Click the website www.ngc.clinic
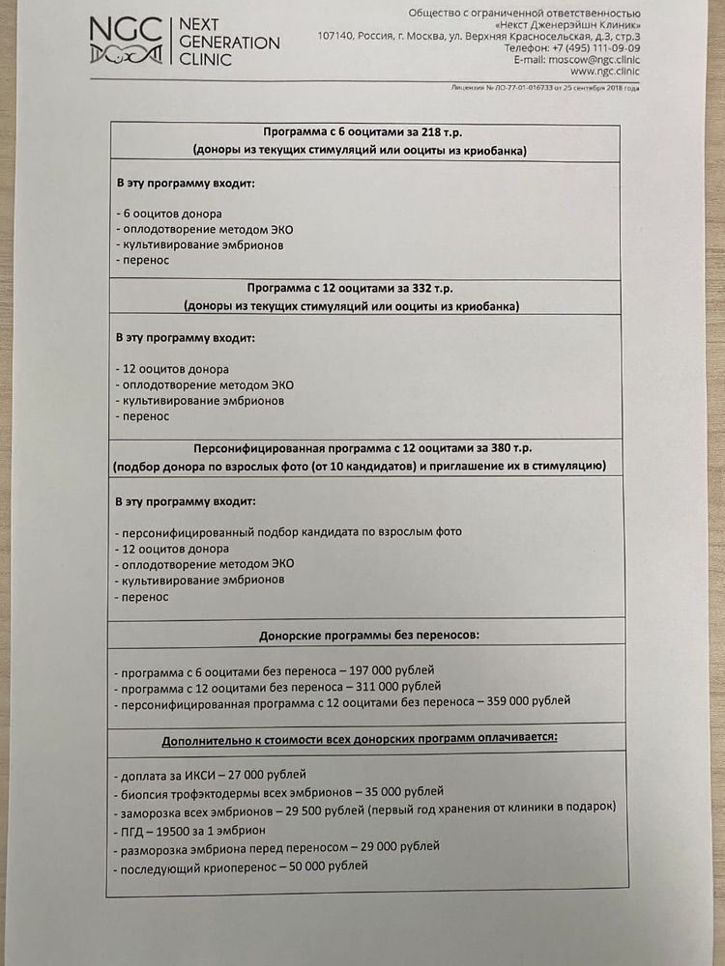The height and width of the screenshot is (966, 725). coord(605,71)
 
